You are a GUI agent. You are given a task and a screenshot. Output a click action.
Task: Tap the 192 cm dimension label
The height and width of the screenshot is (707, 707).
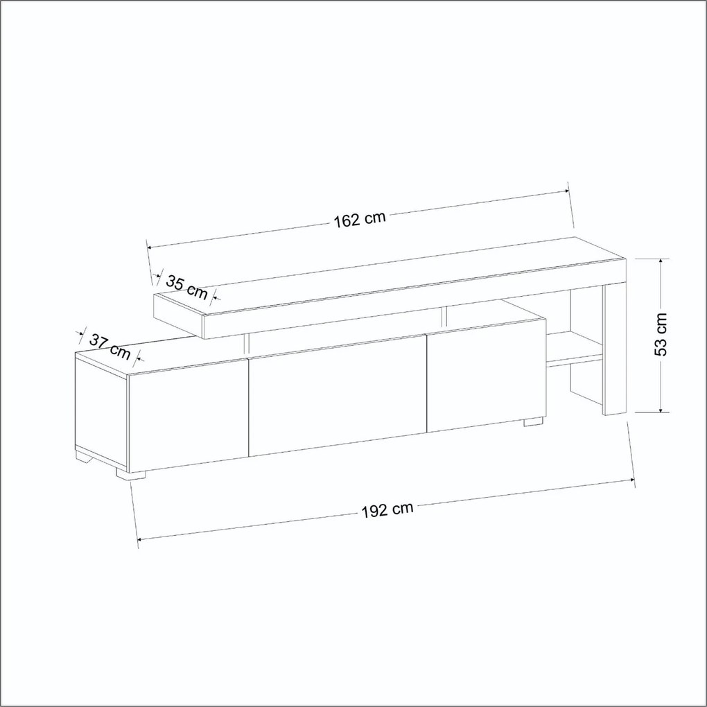(387, 510)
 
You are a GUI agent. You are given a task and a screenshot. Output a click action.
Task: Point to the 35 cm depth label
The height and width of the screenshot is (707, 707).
(186, 287)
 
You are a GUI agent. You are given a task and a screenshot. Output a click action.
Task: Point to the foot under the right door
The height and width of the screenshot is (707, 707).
(533, 421)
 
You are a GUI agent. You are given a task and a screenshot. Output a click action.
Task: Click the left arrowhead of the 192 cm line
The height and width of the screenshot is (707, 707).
(143, 539)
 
